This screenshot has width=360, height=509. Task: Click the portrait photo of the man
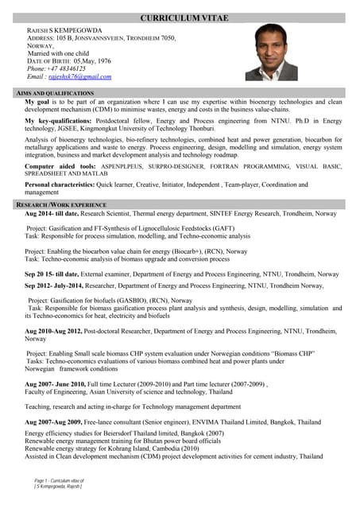pos(271,52)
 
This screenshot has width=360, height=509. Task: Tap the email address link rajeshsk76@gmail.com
pos(79,77)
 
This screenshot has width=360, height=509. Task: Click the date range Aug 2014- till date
pos(52,214)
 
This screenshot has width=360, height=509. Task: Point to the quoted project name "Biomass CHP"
pos(291,352)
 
